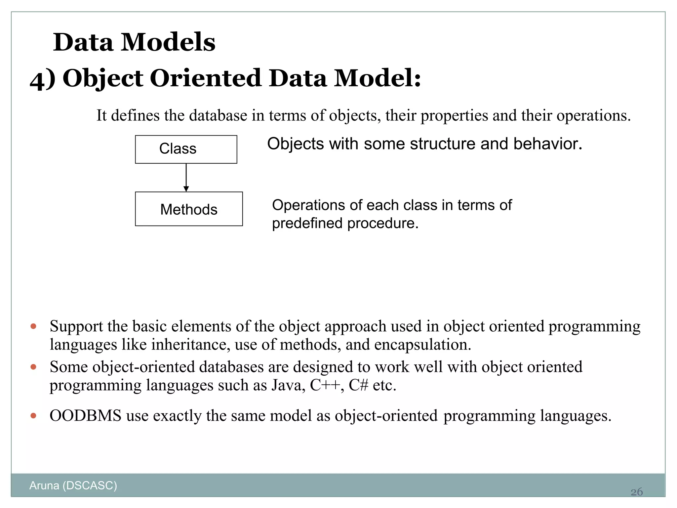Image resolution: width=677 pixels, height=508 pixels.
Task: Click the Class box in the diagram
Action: (x=186, y=149)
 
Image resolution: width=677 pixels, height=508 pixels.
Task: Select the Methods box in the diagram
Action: (x=189, y=209)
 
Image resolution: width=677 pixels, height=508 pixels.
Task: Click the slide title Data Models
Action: (x=134, y=42)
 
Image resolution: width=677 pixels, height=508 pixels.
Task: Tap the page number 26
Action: (x=636, y=492)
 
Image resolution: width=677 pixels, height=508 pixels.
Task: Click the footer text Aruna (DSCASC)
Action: (x=73, y=485)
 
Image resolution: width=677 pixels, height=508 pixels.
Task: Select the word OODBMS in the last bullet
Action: (x=85, y=416)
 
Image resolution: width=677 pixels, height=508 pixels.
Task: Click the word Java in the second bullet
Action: (x=288, y=385)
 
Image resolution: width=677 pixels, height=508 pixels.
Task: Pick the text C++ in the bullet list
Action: (x=325, y=385)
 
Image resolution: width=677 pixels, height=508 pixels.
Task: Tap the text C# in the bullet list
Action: (x=358, y=385)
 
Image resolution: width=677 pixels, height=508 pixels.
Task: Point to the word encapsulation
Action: (x=422, y=345)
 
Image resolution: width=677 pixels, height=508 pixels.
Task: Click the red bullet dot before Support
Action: (x=33, y=326)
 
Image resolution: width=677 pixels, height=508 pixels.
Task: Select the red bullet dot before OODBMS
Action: (x=33, y=416)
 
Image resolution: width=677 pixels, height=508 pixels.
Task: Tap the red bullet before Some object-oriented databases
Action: (x=33, y=367)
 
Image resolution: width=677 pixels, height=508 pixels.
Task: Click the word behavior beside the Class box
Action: (x=547, y=144)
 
